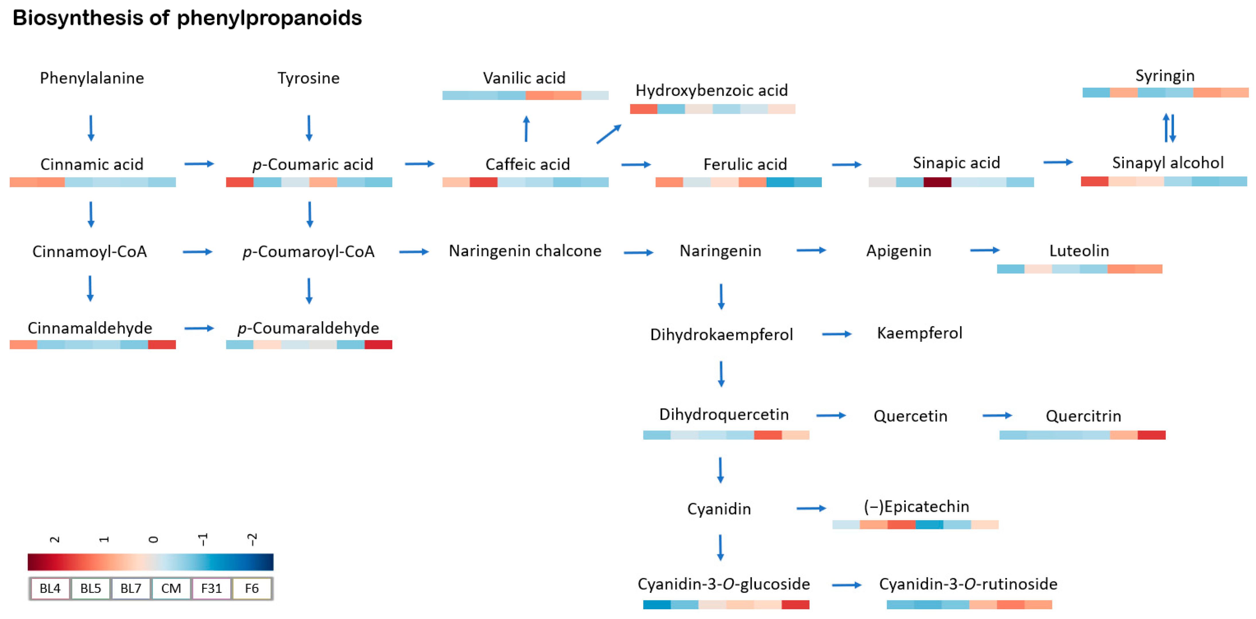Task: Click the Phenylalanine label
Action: (x=92, y=78)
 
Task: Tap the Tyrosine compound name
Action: (x=308, y=78)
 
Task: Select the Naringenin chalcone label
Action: (x=525, y=251)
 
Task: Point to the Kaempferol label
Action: (x=919, y=333)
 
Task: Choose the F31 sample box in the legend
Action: (x=211, y=588)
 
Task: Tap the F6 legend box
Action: (x=251, y=588)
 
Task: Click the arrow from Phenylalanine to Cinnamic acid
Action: (x=91, y=128)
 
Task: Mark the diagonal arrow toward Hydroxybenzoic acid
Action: (x=609, y=134)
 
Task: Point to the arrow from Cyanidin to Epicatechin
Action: (x=811, y=508)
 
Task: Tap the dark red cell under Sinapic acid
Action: (x=937, y=182)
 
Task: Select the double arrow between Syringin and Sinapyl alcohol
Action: (x=1169, y=128)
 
